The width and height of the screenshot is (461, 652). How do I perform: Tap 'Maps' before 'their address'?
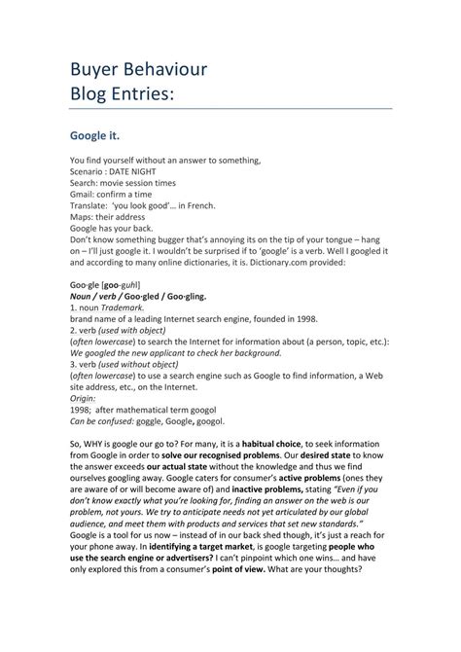(81, 218)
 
